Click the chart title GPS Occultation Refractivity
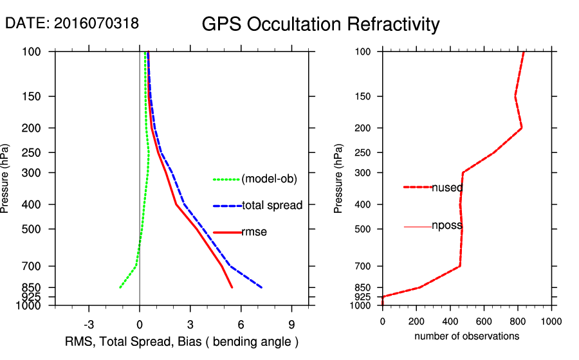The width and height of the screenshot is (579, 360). [320, 24]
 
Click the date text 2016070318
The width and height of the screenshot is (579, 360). [96, 23]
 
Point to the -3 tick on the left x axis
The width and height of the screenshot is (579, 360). [89, 325]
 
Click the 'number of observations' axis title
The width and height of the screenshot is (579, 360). [466, 336]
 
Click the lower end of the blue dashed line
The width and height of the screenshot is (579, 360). [261, 287]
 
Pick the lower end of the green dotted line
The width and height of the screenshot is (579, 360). [120, 287]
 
